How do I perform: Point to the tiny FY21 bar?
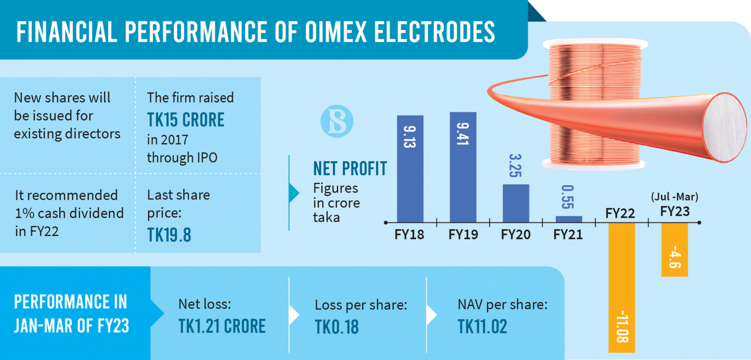pyautogui.click(x=569, y=218)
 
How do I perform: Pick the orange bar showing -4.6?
pyautogui.click(x=674, y=249)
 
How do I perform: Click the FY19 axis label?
pyautogui.click(x=463, y=234)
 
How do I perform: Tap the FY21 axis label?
pyautogui.click(x=568, y=234)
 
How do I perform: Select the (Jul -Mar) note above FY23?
pyautogui.click(x=674, y=197)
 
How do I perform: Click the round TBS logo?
pyautogui.click(x=337, y=121)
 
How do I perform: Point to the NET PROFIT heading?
pyautogui.click(x=350, y=169)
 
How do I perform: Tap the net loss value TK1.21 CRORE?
pyautogui.click(x=222, y=326)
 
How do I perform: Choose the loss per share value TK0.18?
pyautogui.click(x=336, y=326)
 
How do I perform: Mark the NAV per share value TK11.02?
pyautogui.click(x=482, y=326)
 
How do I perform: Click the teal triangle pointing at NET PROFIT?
pyautogui.click(x=293, y=193)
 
